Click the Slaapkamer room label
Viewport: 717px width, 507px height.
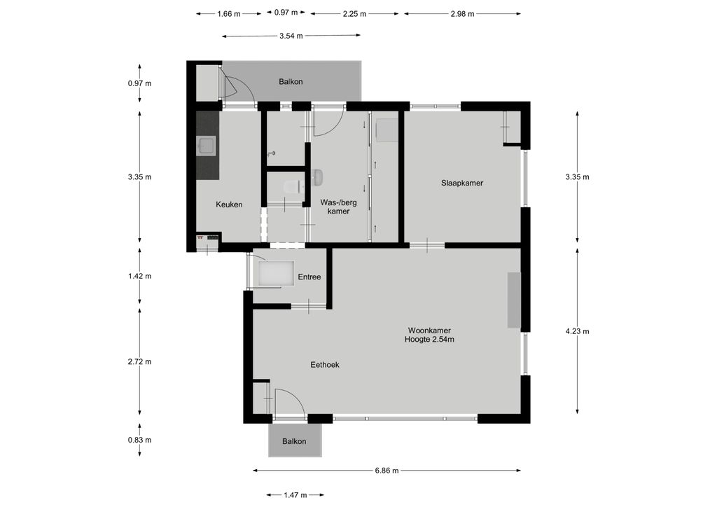click(x=462, y=183)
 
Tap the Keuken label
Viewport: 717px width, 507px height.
click(x=229, y=204)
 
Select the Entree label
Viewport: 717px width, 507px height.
click(x=309, y=277)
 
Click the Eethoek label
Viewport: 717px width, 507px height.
click(x=325, y=365)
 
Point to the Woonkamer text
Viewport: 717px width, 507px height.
click(x=429, y=331)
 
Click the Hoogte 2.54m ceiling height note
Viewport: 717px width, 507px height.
click(x=429, y=339)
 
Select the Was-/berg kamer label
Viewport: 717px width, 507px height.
click(x=338, y=207)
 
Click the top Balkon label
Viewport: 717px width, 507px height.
click(x=291, y=82)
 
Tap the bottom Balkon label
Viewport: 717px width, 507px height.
click(x=294, y=441)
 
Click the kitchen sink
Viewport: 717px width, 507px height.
click(x=207, y=146)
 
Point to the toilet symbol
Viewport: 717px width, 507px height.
click(x=291, y=186)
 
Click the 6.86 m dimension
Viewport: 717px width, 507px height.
click(x=387, y=471)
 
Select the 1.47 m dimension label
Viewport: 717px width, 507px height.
click(x=295, y=494)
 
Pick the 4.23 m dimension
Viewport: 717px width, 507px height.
click(x=577, y=331)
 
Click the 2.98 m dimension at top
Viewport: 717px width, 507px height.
click(x=462, y=14)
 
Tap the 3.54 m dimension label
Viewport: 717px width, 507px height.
click(x=291, y=36)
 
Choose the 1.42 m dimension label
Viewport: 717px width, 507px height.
click(x=139, y=276)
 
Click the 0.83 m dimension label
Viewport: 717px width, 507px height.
click(x=139, y=440)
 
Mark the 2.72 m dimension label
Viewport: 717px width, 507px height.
click(x=139, y=361)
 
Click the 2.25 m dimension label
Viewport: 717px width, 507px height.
click(x=354, y=14)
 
